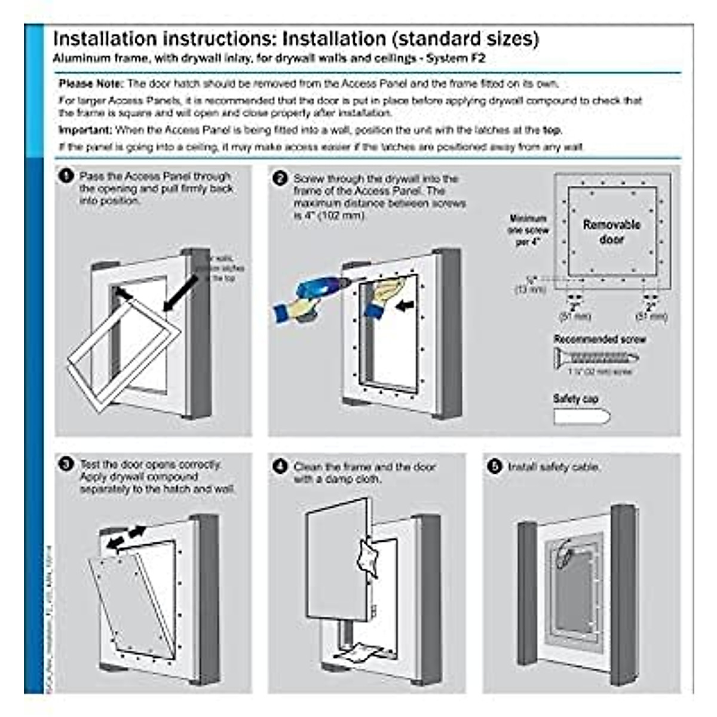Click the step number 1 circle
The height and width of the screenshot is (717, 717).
tap(65, 176)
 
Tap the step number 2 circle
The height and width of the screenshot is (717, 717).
tap(280, 179)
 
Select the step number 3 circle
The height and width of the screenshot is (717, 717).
tap(66, 464)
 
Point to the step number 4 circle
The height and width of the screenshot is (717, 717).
tap(280, 466)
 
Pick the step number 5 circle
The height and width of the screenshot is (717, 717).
tap(494, 467)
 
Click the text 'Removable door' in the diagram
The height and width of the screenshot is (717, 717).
tap(611, 232)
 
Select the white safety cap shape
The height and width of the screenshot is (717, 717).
tap(581, 417)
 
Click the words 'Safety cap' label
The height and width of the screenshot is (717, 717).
tap(575, 399)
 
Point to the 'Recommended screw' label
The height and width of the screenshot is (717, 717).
tap(599, 339)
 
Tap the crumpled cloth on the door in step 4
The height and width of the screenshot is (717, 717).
tap(367, 559)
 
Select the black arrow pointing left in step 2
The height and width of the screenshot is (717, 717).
tap(405, 305)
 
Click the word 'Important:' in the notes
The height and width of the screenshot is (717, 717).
tap(85, 130)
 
